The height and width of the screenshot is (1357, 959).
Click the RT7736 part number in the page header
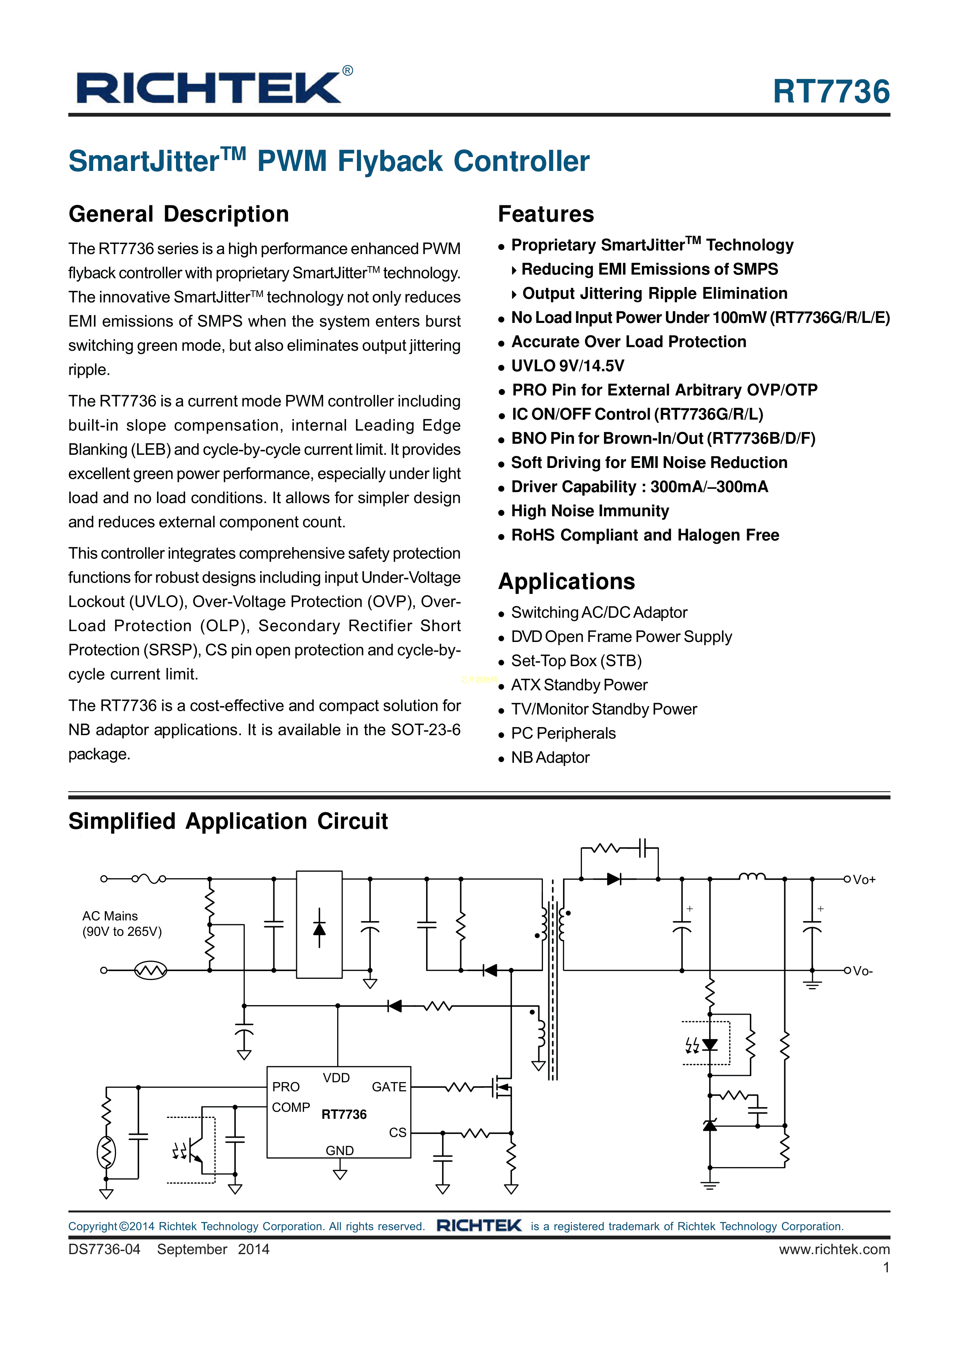(831, 92)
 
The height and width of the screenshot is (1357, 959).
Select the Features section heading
(545, 214)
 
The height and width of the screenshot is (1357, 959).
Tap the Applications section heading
(566, 582)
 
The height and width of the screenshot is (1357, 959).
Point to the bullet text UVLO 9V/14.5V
(567, 366)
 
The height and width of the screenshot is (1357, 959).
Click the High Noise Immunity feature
(590, 510)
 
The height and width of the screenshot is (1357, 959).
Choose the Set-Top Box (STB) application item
(576, 661)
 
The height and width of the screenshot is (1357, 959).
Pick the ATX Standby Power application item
(579, 685)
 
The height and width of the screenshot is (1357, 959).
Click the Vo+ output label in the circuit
(864, 879)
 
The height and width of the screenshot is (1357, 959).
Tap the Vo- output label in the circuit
(863, 971)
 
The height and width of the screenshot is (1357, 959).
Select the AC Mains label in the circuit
(110, 916)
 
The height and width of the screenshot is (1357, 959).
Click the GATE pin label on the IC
(389, 1087)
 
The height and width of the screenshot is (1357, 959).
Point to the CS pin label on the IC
(397, 1132)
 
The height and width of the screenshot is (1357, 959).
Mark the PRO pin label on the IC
(286, 1087)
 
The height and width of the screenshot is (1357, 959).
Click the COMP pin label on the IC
(291, 1108)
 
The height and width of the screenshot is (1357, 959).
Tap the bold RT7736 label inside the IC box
(344, 1115)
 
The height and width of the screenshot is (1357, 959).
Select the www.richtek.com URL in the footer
(834, 1249)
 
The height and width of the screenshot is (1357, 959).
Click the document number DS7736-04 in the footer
(104, 1249)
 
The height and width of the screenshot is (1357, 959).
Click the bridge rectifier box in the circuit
(319, 924)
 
